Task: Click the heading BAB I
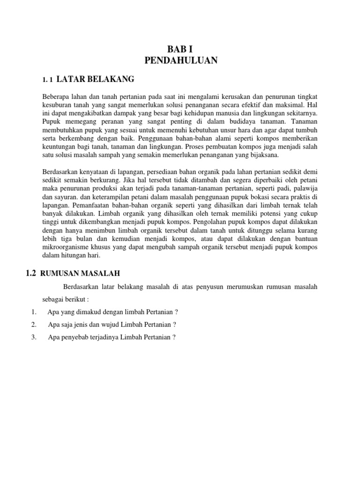tap(180, 49)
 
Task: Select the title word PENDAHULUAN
tap(180, 60)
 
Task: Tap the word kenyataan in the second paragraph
tap(97, 172)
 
